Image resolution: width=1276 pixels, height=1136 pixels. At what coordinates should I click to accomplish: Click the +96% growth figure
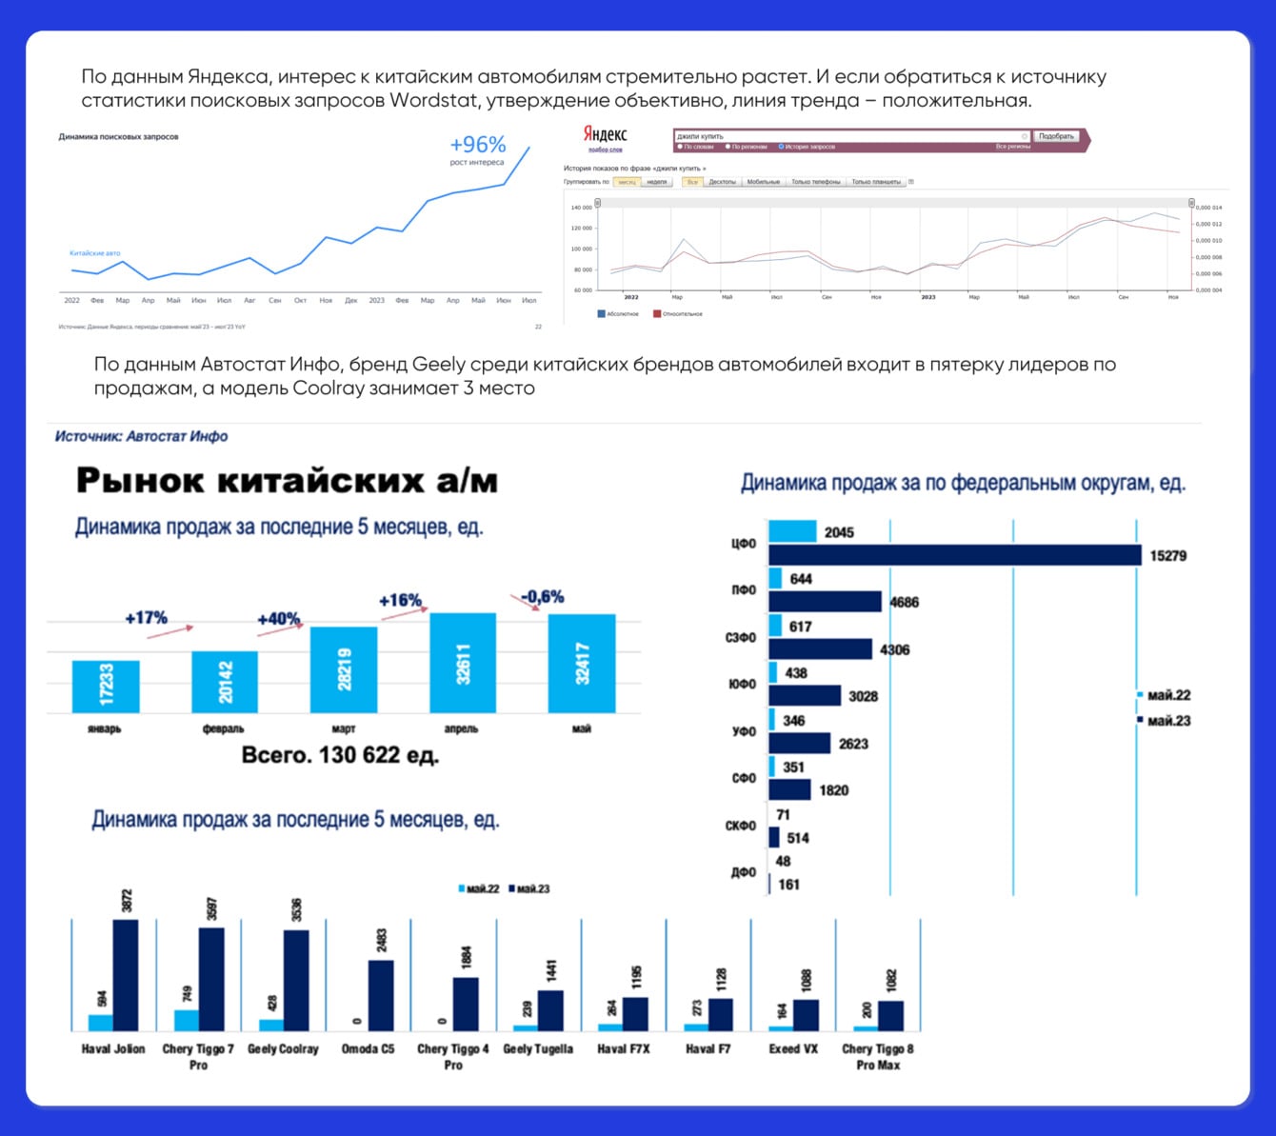(477, 145)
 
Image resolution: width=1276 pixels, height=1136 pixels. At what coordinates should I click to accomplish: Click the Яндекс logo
(605, 134)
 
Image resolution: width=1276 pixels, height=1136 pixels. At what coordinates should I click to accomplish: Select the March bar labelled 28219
(344, 668)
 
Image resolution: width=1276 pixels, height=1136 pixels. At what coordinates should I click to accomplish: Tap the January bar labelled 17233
(106, 686)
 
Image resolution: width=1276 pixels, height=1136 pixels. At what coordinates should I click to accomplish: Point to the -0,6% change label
(542, 597)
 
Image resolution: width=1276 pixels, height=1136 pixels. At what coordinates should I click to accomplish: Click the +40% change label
(278, 619)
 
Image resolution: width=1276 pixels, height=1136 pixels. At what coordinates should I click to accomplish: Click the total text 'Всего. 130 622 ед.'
(340, 756)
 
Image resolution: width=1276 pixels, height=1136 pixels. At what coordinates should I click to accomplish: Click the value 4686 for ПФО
(904, 602)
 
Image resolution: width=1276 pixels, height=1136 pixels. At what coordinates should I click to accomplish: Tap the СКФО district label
(741, 826)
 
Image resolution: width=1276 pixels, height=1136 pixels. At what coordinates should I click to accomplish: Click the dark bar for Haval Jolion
(126, 975)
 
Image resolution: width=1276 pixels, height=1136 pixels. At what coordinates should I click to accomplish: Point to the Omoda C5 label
(368, 1048)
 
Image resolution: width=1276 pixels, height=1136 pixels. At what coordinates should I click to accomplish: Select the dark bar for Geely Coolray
(296, 980)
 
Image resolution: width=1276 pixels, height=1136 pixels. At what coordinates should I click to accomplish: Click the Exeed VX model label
(793, 1048)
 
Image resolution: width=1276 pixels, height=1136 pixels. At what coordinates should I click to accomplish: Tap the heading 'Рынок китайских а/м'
(287, 481)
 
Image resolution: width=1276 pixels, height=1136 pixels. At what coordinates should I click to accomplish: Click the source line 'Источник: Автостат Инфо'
(141, 436)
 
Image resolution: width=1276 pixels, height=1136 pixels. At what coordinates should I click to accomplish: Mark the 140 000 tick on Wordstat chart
(581, 208)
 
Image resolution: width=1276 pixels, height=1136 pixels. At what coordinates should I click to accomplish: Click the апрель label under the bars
(461, 728)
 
